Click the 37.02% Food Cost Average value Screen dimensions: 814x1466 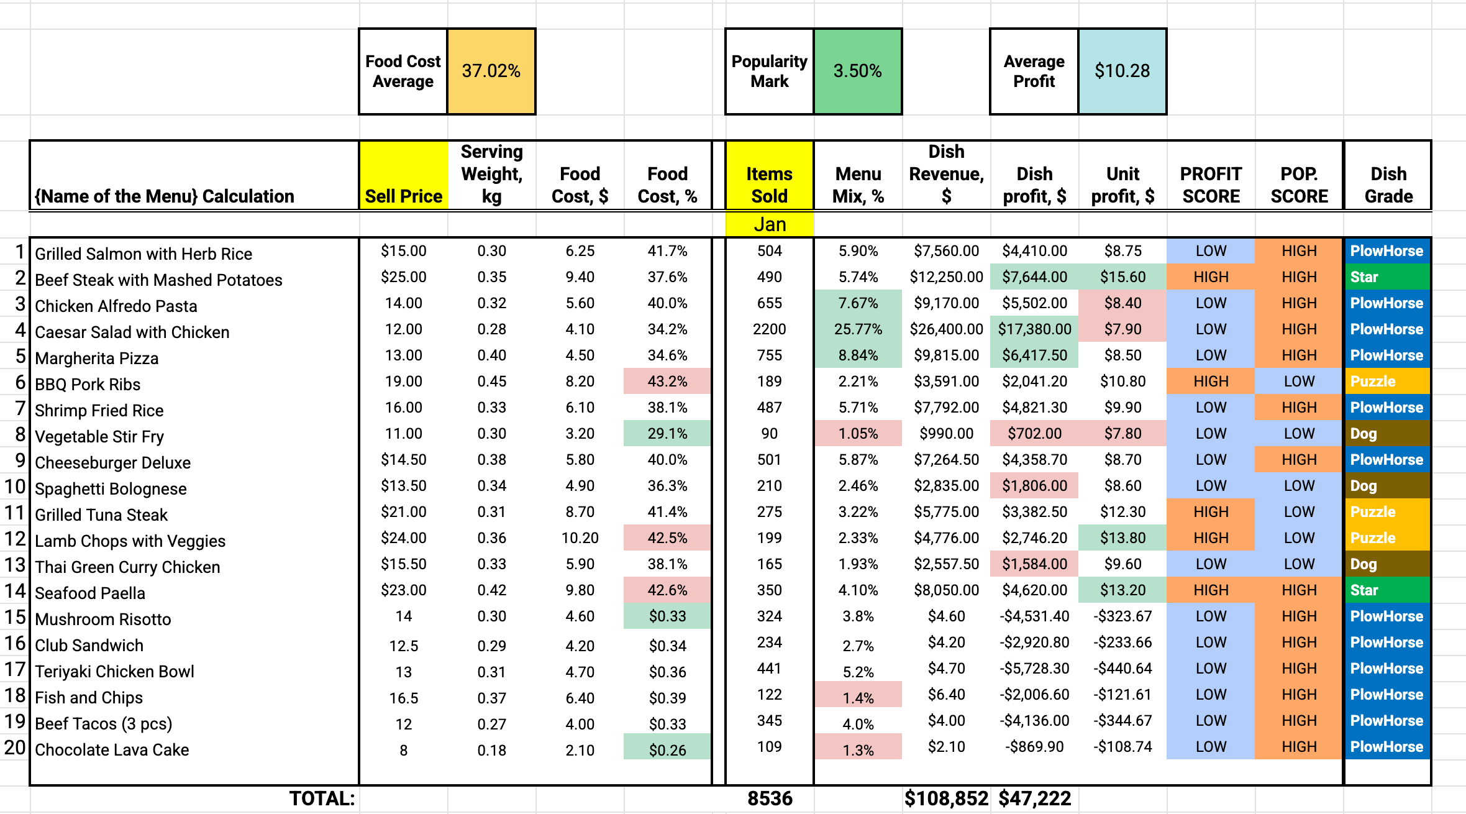(491, 71)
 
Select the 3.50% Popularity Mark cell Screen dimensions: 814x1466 (857, 71)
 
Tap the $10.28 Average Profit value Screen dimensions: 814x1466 (1122, 71)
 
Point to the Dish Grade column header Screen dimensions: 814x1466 (1388, 185)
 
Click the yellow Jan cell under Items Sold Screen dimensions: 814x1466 (770, 224)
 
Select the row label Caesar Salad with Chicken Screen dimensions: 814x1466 (132, 332)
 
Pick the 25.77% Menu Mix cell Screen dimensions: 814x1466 (858, 329)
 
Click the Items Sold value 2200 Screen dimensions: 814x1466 (769, 329)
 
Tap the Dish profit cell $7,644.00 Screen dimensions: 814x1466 (1034, 277)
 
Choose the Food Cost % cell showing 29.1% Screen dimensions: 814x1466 (667, 434)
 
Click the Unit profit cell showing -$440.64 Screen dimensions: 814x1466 (1122, 669)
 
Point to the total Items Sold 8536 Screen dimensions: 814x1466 (770, 798)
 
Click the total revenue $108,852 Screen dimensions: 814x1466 (946, 798)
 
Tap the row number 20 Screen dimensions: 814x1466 (15, 747)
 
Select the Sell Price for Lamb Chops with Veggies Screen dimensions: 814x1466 (403, 538)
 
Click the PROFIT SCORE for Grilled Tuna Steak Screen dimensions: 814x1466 (1211, 512)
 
